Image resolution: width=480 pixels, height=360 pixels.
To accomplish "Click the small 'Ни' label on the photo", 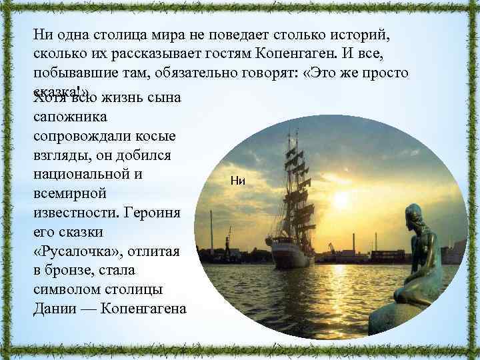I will tap(238, 179).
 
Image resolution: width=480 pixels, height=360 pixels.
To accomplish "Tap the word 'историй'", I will tap(366, 35).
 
